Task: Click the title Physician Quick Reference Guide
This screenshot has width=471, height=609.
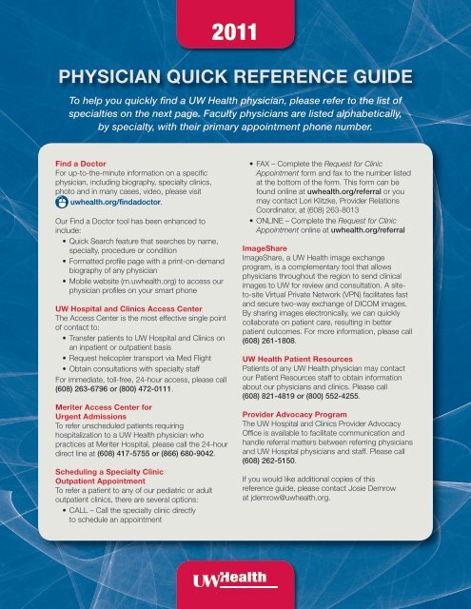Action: (235, 75)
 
